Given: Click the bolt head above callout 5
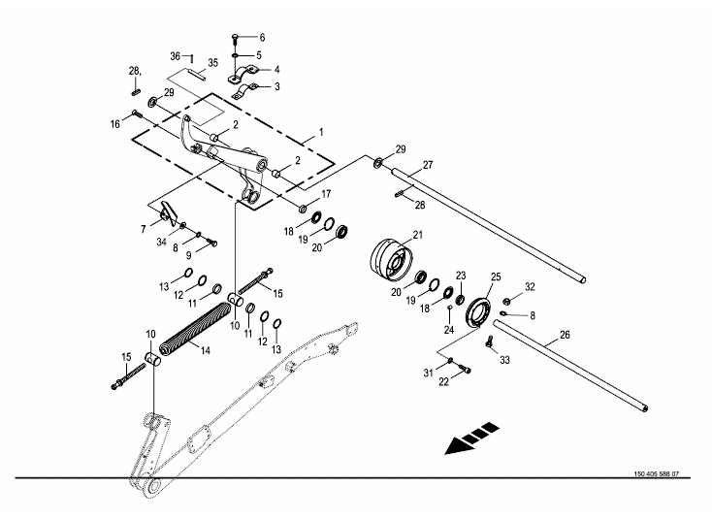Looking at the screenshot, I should coord(236,38).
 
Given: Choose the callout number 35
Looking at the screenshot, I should coord(214,63).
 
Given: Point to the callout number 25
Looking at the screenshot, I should coord(497,277).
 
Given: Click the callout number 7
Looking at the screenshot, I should coord(143,229).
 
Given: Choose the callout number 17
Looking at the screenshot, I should coord(326,193).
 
